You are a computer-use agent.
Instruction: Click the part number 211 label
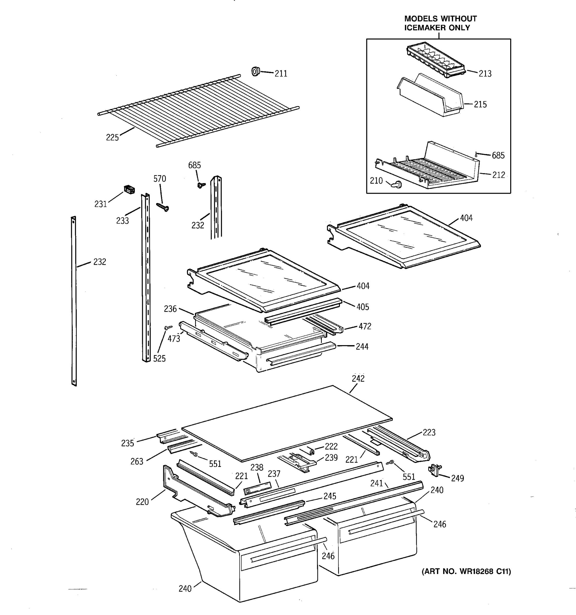[x=281, y=74]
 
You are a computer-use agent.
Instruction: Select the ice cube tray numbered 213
[x=436, y=60]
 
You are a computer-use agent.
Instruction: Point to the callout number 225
[x=112, y=138]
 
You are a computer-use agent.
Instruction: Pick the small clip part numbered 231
[x=129, y=189]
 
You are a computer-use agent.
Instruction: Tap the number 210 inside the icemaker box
[x=376, y=181]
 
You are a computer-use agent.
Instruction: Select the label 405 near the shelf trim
[x=362, y=307]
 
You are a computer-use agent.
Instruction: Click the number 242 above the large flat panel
[x=358, y=379]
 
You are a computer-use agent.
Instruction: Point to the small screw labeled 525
[x=168, y=327]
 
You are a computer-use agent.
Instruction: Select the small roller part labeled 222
[x=312, y=452]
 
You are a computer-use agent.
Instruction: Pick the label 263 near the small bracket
[x=137, y=462]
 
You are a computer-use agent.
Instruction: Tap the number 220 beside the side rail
[x=142, y=502]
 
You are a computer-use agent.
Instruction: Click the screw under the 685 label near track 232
[x=201, y=185]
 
